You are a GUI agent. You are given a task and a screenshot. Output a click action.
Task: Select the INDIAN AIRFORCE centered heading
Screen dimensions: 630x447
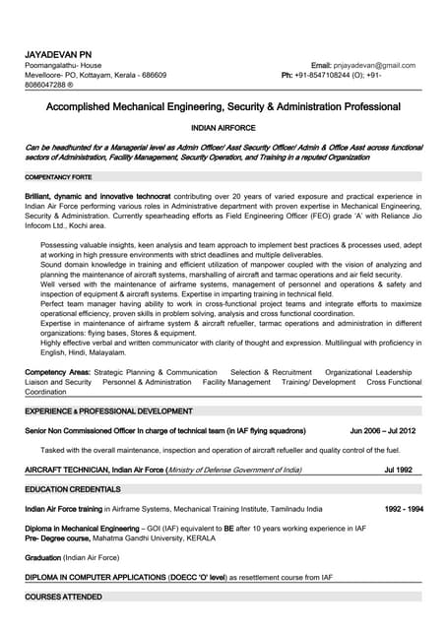(223, 128)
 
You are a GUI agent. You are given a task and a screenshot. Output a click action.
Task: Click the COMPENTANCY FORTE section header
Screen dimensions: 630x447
(58, 177)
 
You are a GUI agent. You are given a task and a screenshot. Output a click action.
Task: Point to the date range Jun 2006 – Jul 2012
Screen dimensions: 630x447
(383, 431)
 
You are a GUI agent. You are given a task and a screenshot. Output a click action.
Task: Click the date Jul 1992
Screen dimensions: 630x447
(398, 471)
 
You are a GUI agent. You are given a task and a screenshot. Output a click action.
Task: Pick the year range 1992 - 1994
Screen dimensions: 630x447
(404, 509)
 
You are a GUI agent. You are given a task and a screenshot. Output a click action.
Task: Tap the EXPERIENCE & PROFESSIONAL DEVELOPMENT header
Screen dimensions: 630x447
(108, 410)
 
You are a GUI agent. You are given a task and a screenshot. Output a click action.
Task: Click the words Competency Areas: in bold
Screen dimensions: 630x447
(57, 373)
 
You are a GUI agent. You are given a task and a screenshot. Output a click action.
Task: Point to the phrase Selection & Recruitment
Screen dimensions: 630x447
(271, 373)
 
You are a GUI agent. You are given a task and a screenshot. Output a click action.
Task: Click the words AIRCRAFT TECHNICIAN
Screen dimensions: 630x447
(66, 471)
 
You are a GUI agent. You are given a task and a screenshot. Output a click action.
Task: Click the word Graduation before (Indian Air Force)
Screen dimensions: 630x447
(42, 557)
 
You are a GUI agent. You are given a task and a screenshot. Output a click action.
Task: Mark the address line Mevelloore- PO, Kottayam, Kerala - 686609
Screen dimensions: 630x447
(96, 75)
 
